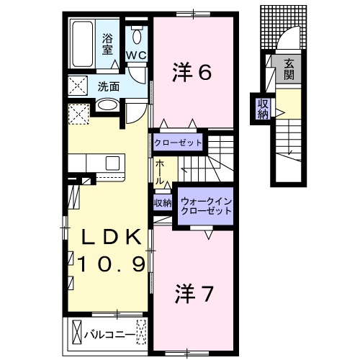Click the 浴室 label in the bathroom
107,45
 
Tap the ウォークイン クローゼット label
207,207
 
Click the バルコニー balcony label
108,334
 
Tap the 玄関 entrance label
288,68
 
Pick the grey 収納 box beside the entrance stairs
262,107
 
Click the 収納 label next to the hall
163,203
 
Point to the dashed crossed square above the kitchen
78,113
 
